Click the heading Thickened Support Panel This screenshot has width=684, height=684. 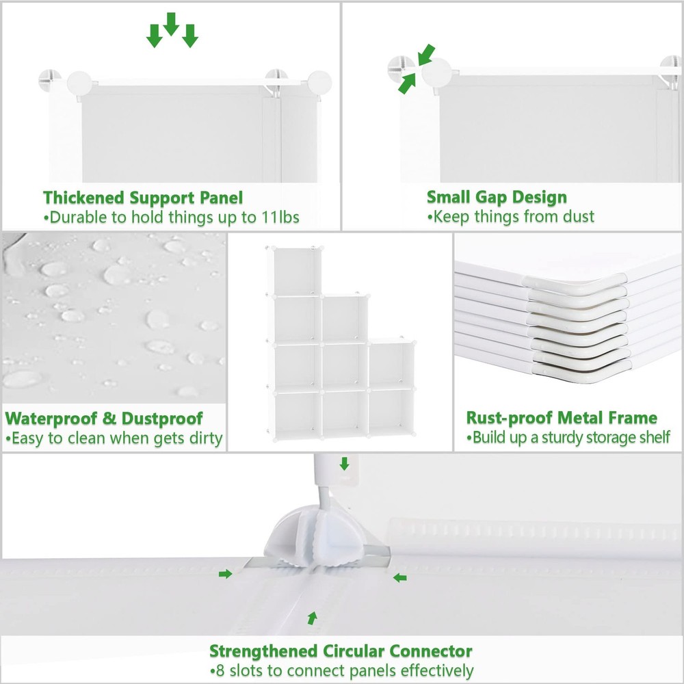pyautogui.click(x=143, y=198)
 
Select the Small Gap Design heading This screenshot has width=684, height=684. pyautogui.click(x=497, y=198)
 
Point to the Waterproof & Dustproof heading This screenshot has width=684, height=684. pyautogui.click(x=104, y=419)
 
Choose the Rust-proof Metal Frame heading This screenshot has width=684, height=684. pyautogui.click(x=562, y=418)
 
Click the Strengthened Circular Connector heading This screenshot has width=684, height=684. pyautogui.click(x=341, y=650)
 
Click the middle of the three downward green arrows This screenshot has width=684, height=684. pyautogui.click(x=171, y=24)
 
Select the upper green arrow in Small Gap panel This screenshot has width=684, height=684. pyautogui.click(x=426, y=53)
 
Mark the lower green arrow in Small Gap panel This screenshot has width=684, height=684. pyautogui.click(x=406, y=83)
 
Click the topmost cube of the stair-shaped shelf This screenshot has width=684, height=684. pyautogui.click(x=297, y=271)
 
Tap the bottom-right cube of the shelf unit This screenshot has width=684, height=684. pyautogui.click(x=392, y=411)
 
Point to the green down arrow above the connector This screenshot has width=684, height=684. pyautogui.click(x=344, y=464)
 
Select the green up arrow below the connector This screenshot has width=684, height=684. pyautogui.click(x=313, y=618)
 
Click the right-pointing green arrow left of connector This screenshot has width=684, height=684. pyautogui.click(x=225, y=574)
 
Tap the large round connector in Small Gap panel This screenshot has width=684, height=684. pyautogui.click(x=440, y=73)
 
